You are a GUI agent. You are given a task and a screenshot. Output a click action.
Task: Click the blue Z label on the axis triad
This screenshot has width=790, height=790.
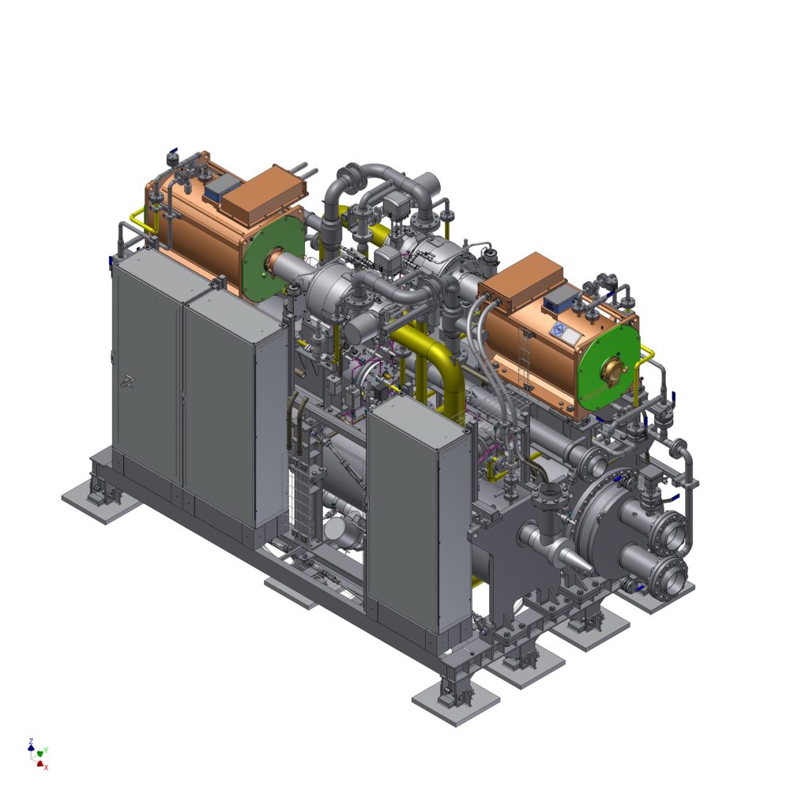click(x=31, y=741)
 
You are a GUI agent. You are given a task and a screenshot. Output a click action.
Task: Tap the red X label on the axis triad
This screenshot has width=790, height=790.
click(x=47, y=767)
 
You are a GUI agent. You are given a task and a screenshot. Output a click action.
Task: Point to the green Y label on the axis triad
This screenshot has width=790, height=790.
click(x=46, y=750)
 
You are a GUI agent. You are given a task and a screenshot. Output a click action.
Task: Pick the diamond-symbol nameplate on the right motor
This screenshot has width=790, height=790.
click(x=558, y=330)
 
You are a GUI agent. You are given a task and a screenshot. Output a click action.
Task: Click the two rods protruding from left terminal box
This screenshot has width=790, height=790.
click(x=304, y=171)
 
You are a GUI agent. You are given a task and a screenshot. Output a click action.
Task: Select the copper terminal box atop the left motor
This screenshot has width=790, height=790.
click(x=264, y=195)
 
